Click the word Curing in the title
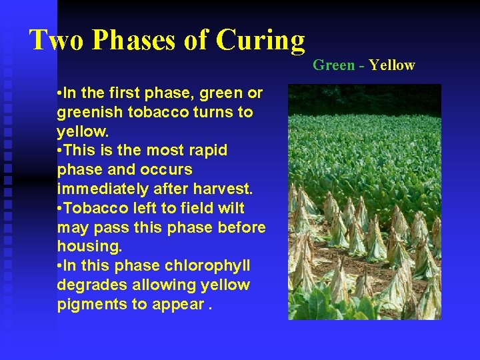point(261,41)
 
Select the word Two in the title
point(57,41)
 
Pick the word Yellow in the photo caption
point(392,65)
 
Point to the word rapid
point(206,151)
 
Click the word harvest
point(222,189)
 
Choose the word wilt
point(230,208)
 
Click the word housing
point(89,247)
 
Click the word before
point(241,227)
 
